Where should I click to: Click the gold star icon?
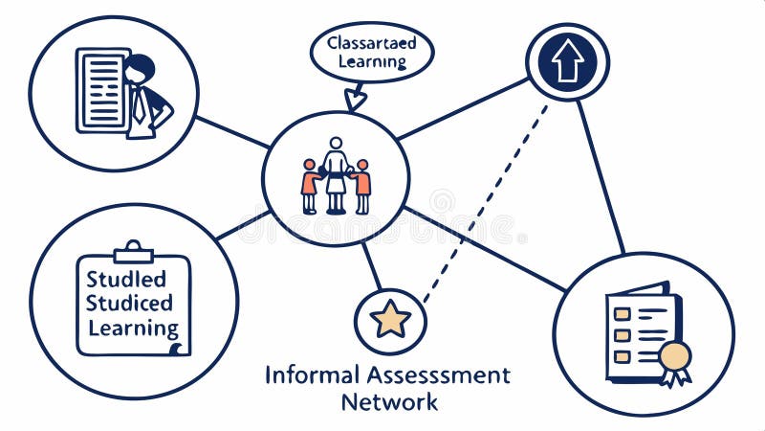390,319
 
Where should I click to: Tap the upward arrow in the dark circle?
567,61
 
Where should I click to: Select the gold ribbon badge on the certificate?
675,358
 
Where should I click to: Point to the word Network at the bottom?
389,401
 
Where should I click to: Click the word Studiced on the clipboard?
130,304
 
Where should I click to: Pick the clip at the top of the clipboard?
133,253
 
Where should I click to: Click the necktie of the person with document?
140,103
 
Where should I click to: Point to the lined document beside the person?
101,90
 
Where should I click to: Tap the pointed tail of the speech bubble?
356,99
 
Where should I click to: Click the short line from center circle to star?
372,265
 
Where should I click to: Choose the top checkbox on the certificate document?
622,313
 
